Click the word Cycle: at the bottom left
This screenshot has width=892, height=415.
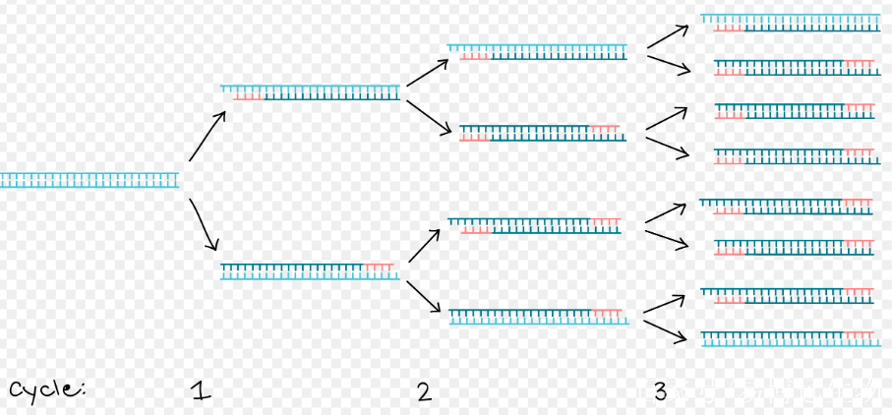click(47, 390)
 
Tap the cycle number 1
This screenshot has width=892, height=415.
click(202, 392)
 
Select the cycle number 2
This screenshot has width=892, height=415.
click(424, 392)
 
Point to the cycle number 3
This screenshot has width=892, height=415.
click(660, 392)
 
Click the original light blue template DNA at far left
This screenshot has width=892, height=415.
click(89, 179)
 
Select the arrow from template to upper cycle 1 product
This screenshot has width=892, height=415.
click(208, 135)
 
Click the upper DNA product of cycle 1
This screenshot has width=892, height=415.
click(311, 92)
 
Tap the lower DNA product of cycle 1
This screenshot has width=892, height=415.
click(311, 270)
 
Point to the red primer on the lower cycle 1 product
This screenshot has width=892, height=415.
click(379, 267)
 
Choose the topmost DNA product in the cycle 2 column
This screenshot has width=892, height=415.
click(537, 51)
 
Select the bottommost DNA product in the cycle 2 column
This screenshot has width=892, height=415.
click(537, 316)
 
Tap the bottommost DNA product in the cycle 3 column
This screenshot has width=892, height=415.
click(788, 338)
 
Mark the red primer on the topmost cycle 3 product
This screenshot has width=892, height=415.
click(729, 28)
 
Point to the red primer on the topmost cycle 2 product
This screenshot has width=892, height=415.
click(475, 56)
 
